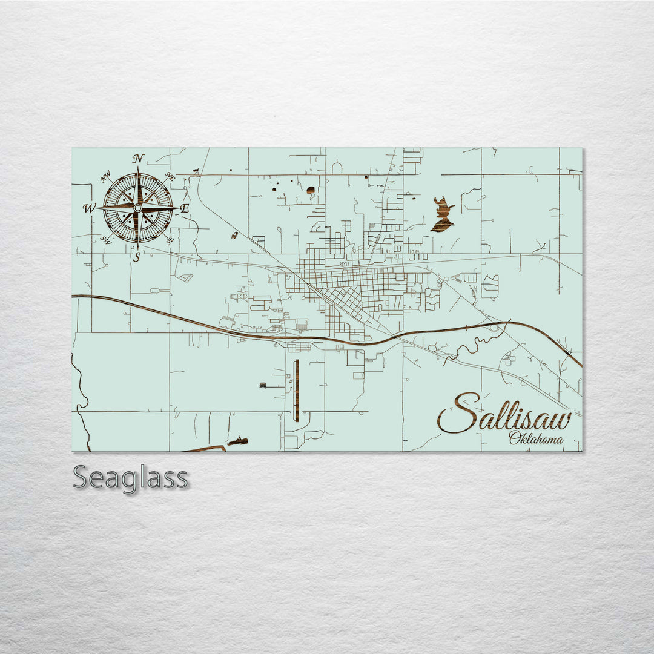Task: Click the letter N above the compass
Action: [x=138, y=159]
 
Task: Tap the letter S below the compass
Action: [x=137, y=257]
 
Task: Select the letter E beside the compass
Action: [x=185, y=208]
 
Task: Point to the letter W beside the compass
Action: [x=89, y=208]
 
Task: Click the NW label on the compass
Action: [x=106, y=177]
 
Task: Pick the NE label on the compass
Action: [x=170, y=177]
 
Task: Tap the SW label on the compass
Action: [x=105, y=240]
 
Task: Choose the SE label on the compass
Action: [x=170, y=240]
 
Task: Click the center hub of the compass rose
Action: [x=137, y=208]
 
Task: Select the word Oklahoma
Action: [x=535, y=439]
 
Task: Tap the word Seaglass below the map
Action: [x=130, y=478]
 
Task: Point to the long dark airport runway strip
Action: [x=296, y=391]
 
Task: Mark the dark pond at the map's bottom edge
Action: [x=239, y=440]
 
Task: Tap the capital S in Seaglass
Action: [x=82, y=478]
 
